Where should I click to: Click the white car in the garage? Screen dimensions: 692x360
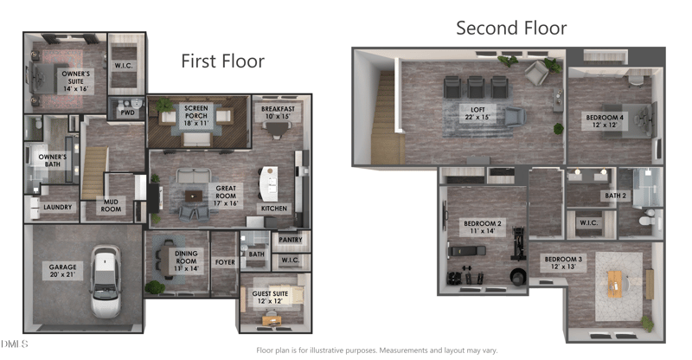pos(106,281)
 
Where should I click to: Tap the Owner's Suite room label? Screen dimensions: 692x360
pos(76,81)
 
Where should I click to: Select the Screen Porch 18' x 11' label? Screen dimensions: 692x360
pos(196,116)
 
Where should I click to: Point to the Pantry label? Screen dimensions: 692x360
pos(291,240)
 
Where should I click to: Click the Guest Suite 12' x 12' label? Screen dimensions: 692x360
pos(270,298)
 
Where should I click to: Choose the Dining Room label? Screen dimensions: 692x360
pos(186,260)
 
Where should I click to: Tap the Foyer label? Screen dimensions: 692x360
pos(225,262)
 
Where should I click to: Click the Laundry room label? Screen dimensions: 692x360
pos(57,207)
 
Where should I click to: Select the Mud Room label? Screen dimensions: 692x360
pos(111,205)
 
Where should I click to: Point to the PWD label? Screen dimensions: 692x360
pos(127,112)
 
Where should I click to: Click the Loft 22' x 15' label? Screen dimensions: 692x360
pos(477,113)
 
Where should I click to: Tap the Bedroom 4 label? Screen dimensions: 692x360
pos(605,121)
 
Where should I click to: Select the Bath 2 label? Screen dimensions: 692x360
pos(616,196)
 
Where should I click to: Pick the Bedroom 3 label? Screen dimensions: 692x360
pos(563,263)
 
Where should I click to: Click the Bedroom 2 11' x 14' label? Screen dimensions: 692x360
pos(483,227)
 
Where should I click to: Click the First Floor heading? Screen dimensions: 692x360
pos(223,61)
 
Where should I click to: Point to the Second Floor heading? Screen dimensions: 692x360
pos(511,28)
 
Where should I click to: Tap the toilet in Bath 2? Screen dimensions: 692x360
pos(649,220)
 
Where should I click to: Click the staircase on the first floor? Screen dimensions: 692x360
pos(94,173)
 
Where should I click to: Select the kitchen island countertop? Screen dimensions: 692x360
pos(269,183)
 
